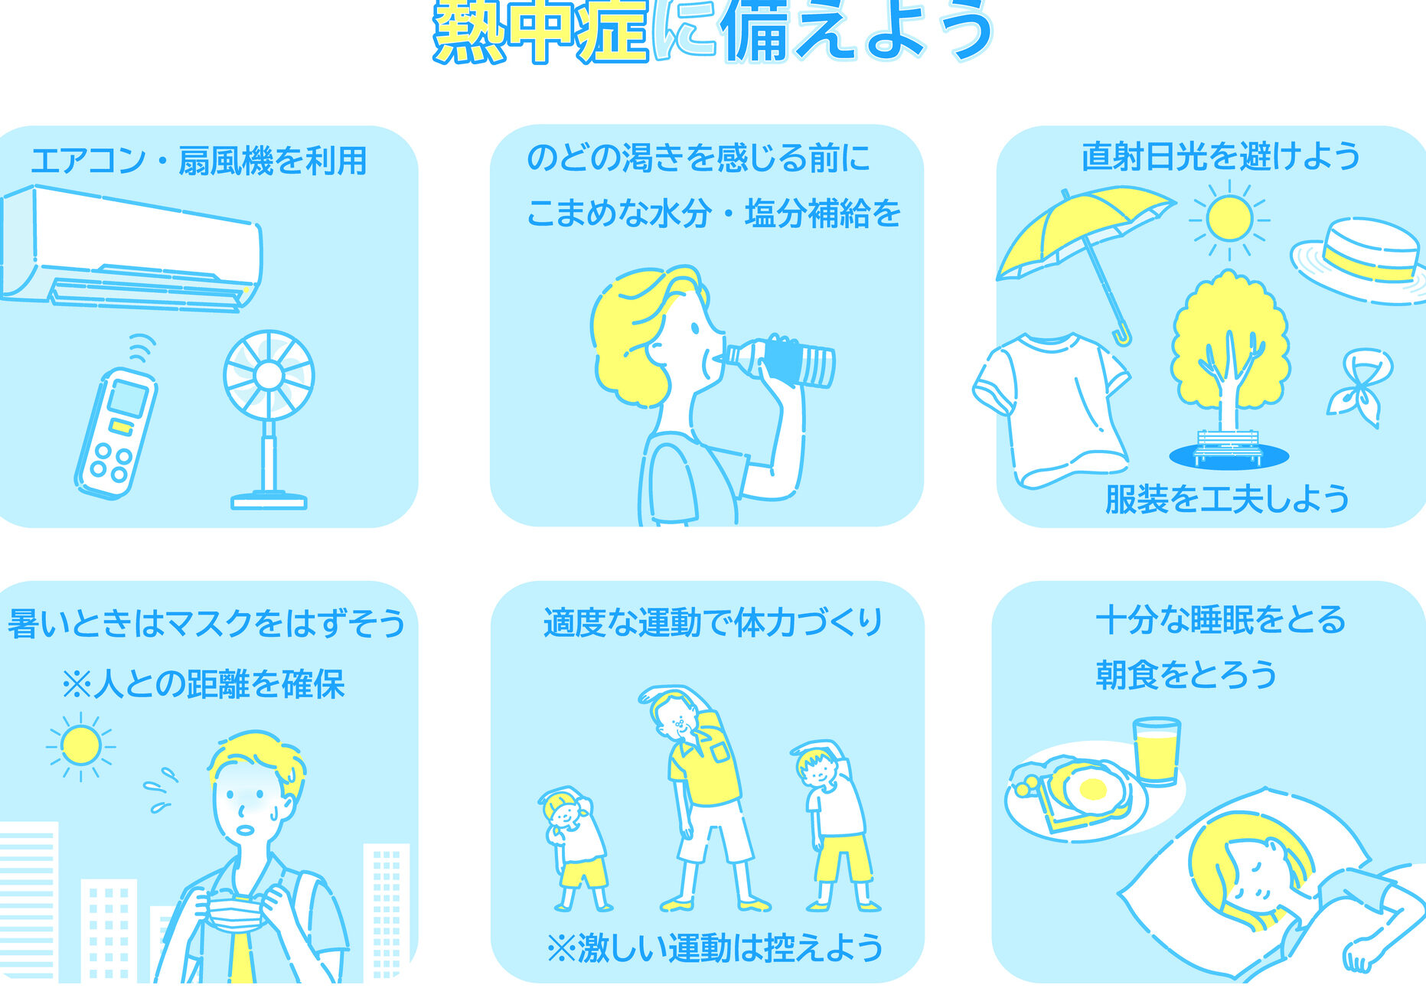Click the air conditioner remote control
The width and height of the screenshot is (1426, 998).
(116, 432)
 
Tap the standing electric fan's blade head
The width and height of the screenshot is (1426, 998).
(269, 375)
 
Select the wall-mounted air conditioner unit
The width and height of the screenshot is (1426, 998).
(130, 246)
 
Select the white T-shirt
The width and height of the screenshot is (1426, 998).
(1051, 409)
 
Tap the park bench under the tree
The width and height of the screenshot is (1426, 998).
(1229, 445)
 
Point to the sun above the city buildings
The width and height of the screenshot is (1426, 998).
(80, 745)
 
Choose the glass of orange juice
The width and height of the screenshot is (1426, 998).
(1156, 751)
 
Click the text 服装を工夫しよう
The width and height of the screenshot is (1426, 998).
(1227, 499)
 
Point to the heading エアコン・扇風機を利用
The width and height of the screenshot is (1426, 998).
(198, 161)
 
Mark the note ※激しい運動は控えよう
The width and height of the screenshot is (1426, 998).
(715, 948)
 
